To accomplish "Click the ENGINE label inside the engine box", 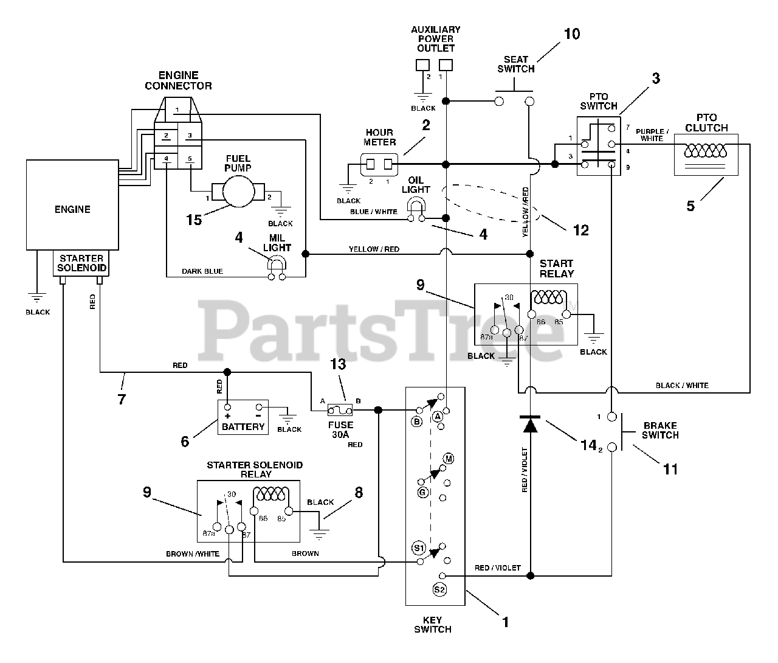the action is (72, 209).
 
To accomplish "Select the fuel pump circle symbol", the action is (238, 192).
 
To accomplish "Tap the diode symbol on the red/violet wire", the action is (530, 424).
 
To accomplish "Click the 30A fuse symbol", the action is (340, 410).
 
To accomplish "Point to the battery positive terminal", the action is (228, 407).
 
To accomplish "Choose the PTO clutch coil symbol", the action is (705, 151).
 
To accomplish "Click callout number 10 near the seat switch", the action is (572, 34).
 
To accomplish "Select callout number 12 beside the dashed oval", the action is (581, 230).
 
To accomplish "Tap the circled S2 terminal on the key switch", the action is (439, 589).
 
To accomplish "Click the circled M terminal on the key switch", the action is (449, 459).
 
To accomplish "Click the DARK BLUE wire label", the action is (202, 271).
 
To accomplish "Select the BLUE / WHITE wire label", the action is (373, 212).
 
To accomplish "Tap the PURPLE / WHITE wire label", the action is (652, 135).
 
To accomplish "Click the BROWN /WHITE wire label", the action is (192, 554).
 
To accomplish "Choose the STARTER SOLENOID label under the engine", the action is (81, 263).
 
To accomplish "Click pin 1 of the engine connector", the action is (177, 110).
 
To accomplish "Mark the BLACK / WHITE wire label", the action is (682, 386).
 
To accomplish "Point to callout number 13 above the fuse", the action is (337, 364).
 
